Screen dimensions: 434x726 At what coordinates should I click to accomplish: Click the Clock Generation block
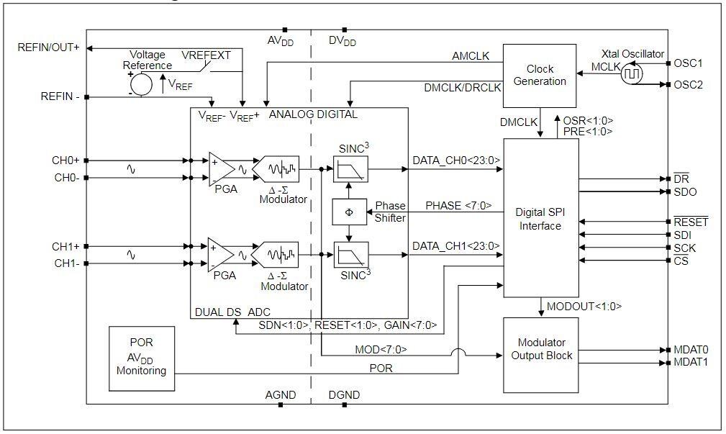click(539, 75)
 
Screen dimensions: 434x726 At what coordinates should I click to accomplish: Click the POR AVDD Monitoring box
click(141, 356)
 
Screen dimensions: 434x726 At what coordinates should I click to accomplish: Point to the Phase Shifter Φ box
click(350, 212)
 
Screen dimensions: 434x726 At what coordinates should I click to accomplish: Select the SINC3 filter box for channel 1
click(350, 254)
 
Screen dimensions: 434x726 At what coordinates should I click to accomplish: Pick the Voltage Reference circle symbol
click(141, 83)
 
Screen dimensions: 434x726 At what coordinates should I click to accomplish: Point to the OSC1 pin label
click(689, 63)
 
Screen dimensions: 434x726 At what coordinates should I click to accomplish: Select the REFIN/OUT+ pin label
click(47, 48)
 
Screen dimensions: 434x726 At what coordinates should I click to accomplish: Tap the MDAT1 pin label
click(691, 362)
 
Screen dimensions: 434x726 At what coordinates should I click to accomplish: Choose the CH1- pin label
click(68, 263)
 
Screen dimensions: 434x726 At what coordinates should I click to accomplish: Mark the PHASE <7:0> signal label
click(458, 206)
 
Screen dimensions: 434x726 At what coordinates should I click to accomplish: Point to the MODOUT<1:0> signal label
click(584, 307)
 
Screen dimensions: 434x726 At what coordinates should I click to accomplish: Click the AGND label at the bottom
click(281, 395)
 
